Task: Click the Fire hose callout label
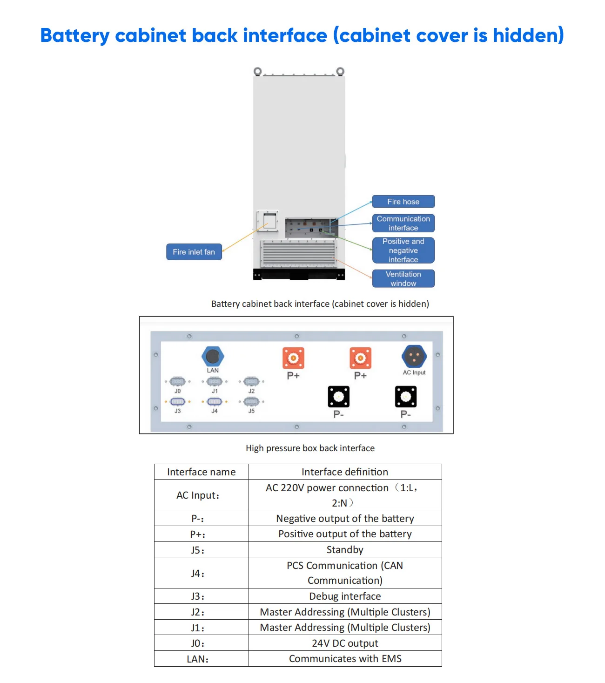pyautogui.click(x=403, y=202)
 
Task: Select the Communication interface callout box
pyautogui.click(x=403, y=223)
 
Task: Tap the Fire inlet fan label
pyautogui.click(x=194, y=252)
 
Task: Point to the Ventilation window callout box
pyautogui.click(x=403, y=278)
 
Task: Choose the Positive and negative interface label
pyautogui.click(x=403, y=250)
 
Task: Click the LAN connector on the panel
pyautogui.click(x=213, y=357)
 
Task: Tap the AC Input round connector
pyautogui.click(x=414, y=357)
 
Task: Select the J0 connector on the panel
pyautogui.click(x=177, y=382)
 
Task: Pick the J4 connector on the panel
pyautogui.click(x=214, y=402)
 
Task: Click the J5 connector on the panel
pyautogui.click(x=251, y=402)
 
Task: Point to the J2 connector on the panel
pyautogui.click(x=251, y=382)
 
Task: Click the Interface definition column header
pyautogui.click(x=344, y=472)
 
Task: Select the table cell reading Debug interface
pyautogui.click(x=344, y=596)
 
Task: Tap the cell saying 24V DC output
pyautogui.click(x=344, y=643)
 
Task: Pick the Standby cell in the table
pyautogui.click(x=344, y=549)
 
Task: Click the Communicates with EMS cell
pyautogui.click(x=344, y=659)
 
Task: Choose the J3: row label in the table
pyautogui.click(x=198, y=596)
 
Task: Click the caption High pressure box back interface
pyautogui.click(x=310, y=448)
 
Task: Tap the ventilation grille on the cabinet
pyautogui.click(x=299, y=253)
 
